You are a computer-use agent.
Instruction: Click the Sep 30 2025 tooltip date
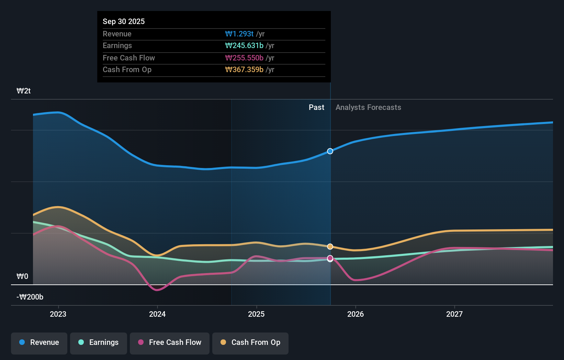click(124, 21)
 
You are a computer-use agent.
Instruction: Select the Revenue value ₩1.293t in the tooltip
click(239, 34)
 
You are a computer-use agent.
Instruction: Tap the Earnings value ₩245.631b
click(244, 46)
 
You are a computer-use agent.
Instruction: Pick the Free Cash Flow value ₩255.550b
click(244, 58)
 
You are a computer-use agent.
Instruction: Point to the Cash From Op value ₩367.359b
click(244, 70)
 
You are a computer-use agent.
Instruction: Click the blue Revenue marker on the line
click(330, 151)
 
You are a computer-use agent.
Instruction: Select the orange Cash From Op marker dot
click(330, 247)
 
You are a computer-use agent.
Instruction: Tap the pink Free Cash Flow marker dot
click(330, 258)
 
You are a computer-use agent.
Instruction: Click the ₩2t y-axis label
click(24, 91)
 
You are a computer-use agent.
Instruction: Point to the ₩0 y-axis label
click(22, 277)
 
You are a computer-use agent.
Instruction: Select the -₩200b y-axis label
click(30, 297)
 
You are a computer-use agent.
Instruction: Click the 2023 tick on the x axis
click(58, 314)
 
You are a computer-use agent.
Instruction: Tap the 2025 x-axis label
click(256, 314)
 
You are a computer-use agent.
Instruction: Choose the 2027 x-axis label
click(454, 314)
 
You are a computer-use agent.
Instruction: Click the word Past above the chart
click(316, 108)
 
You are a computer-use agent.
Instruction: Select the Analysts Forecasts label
click(368, 108)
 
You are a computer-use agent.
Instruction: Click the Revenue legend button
click(39, 342)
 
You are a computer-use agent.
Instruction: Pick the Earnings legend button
click(99, 342)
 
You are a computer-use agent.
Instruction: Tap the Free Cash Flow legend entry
click(170, 342)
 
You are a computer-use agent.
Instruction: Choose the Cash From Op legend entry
click(250, 342)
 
